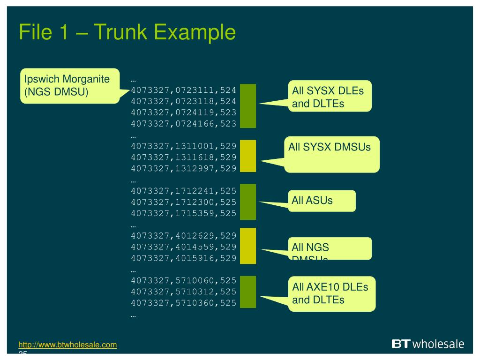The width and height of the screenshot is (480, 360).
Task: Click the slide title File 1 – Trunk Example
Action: (x=127, y=33)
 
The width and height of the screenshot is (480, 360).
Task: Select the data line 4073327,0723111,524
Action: (x=183, y=90)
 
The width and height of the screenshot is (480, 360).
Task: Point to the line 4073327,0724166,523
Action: (x=183, y=124)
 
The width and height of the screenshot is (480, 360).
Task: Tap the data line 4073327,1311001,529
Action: (x=183, y=146)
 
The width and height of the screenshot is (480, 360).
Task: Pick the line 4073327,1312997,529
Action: (x=183, y=168)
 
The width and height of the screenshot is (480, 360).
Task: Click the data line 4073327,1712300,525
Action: (x=183, y=202)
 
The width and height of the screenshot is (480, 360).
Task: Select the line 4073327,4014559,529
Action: (x=183, y=247)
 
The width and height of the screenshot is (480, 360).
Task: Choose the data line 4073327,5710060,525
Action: (x=183, y=280)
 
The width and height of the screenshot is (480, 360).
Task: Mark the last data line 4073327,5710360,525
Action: (x=183, y=303)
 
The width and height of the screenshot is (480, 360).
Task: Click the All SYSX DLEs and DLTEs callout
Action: (x=330, y=97)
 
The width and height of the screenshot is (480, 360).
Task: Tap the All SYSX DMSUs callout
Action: (x=332, y=154)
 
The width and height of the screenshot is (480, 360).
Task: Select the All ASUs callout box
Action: (x=322, y=201)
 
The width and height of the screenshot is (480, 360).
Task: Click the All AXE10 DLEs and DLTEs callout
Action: (x=331, y=293)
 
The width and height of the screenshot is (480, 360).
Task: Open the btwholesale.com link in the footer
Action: (x=67, y=345)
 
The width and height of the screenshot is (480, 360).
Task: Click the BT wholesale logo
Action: (x=427, y=344)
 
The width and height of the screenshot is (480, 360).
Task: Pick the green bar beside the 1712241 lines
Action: (x=248, y=202)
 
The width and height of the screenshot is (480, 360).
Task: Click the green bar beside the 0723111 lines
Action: (x=248, y=106)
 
